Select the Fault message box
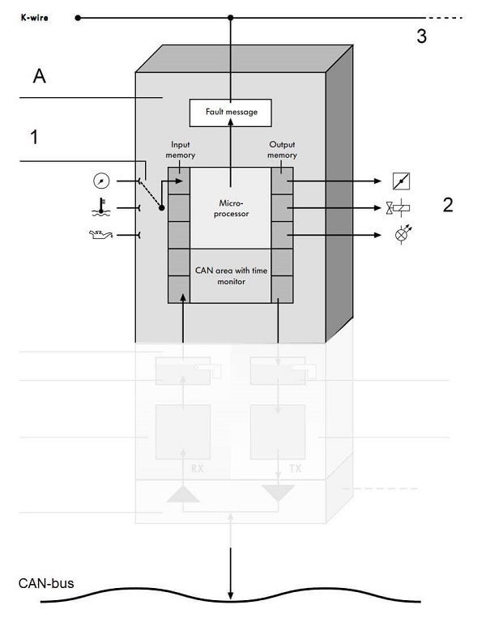click(x=231, y=112)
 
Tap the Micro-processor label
click(x=232, y=208)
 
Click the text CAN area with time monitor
click(x=231, y=275)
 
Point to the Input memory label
click(x=181, y=151)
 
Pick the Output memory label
click(x=282, y=151)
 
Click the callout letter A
click(x=38, y=77)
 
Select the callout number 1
click(x=33, y=138)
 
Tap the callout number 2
click(x=447, y=204)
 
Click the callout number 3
click(x=421, y=36)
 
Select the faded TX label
click(x=280, y=468)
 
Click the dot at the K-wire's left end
click(x=78, y=17)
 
